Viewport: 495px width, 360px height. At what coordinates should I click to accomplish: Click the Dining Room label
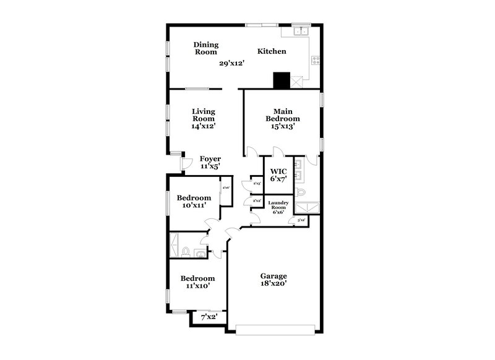click(x=205, y=48)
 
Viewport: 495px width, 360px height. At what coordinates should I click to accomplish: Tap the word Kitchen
click(x=272, y=51)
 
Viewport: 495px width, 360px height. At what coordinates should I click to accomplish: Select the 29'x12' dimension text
click(x=233, y=62)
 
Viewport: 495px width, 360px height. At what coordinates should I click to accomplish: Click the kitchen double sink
click(x=301, y=31)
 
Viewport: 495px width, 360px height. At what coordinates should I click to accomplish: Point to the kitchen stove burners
click(x=315, y=61)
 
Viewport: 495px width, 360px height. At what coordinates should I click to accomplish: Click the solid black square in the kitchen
click(x=282, y=80)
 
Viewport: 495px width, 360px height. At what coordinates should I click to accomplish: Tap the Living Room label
click(x=203, y=115)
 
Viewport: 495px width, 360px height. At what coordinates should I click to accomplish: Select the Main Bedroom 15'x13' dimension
click(x=282, y=126)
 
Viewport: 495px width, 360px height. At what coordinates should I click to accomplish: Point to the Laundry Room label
click(x=277, y=205)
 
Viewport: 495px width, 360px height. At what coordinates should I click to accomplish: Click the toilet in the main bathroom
click(x=302, y=194)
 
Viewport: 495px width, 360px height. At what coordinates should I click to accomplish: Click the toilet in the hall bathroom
click(x=186, y=252)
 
